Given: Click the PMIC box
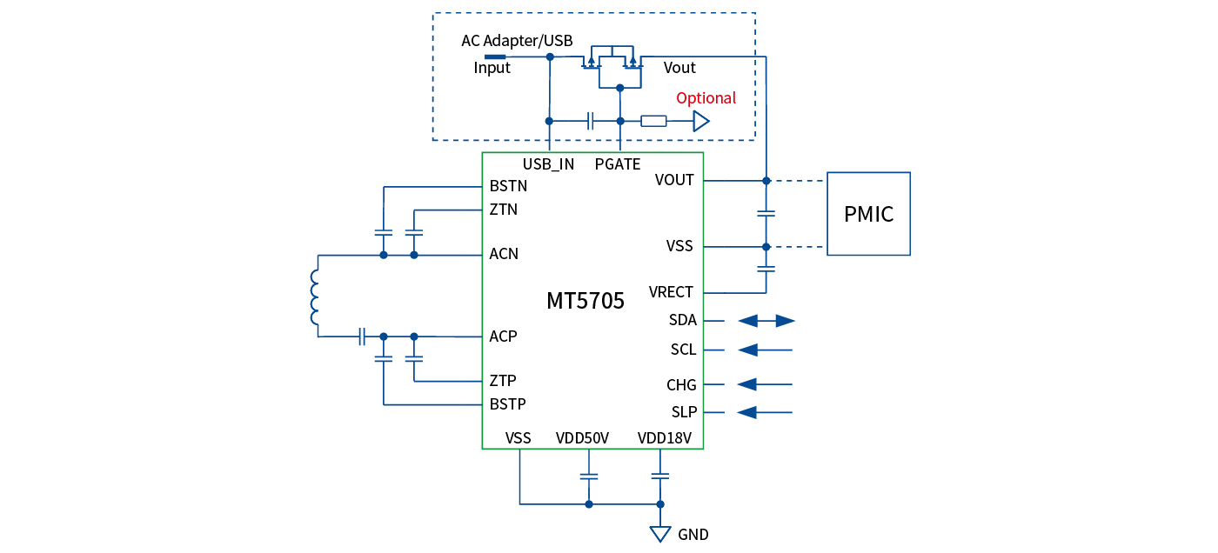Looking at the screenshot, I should point(868,214).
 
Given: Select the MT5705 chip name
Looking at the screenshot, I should point(586,302).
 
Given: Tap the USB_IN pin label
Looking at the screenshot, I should point(548,164).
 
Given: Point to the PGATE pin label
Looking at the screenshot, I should point(618,164).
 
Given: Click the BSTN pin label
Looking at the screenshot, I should point(508,186).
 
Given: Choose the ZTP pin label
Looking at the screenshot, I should point(503,381).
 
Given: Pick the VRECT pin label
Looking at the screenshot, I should point(671,292).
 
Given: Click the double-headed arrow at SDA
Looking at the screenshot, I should point(766,321).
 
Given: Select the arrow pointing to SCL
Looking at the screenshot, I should point(765,350).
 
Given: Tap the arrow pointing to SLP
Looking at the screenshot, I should point(765,412).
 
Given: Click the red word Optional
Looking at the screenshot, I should point(706,98).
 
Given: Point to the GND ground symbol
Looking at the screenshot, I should point(660,533).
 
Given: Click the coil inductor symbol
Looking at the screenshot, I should point(314,296).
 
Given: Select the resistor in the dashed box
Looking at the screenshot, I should point(653,122).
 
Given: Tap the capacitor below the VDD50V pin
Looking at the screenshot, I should point(589,476).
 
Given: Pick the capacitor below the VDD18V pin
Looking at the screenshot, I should point(660,476).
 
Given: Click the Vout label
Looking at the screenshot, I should point(679,68).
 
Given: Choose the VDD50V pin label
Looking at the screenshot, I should point(582,438).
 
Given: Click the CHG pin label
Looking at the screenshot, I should point(681,385).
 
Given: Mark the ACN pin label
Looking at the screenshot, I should point(504,254).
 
